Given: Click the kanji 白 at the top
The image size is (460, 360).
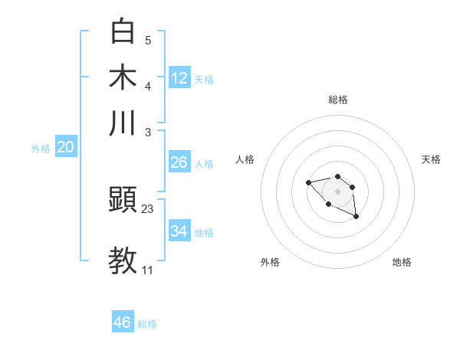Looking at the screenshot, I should [x=123, y=31].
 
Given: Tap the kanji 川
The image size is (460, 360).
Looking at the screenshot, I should [x=123, y=123].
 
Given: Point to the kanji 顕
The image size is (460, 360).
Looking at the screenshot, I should [x=123, y=201].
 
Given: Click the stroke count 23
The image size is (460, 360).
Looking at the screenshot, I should [x=148, y=208].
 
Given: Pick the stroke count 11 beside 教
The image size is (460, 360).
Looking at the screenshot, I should [x=148, y=270].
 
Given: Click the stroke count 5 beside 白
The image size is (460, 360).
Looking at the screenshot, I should [x=148, y=40].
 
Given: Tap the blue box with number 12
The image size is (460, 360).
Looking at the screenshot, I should [x=179, y=77].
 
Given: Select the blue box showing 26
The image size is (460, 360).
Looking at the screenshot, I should [x=179, y=162].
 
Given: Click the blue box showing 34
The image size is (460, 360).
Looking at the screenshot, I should [x=179, y=231].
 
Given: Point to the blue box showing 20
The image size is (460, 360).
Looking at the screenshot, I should [x=65, y=147].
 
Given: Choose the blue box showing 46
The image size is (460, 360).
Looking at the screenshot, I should [x=123, y=322].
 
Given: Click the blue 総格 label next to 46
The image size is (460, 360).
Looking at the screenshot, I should [x=147, y=324].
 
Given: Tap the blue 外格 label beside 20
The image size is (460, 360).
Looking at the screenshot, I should [x=41, y=149].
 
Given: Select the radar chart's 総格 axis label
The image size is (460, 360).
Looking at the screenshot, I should [x=337, y=100].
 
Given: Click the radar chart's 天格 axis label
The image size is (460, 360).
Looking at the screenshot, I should [x=431, y=159].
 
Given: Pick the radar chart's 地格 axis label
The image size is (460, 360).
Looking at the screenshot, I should [x=402, y=262].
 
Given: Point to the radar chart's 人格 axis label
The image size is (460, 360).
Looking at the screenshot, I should [x=245, y=159].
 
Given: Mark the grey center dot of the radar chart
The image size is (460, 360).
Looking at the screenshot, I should [x=337, y=191].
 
